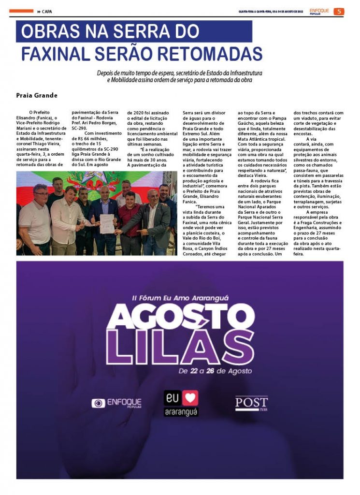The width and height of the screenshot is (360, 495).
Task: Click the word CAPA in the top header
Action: [47, 12]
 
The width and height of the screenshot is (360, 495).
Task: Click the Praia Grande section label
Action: [37, 96]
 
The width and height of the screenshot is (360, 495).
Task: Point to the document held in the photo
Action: [106, 223]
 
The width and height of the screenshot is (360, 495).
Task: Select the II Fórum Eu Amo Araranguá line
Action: [180, 297]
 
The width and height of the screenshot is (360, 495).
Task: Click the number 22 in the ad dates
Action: [194, 371]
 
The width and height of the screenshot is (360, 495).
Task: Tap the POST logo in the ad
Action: [251, 403]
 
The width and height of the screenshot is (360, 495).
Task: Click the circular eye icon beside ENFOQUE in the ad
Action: [98, 403]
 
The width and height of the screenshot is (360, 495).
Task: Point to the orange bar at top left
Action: [21, 11]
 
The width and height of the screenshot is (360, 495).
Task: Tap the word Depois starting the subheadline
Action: [106, 73]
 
